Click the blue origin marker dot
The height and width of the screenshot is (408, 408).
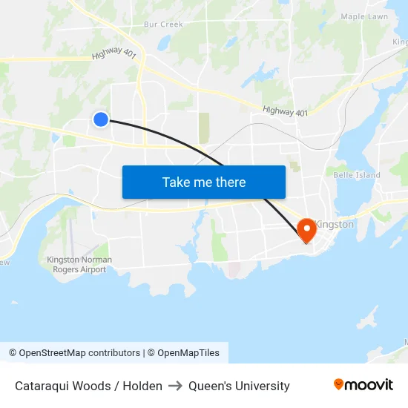[x=101, y=119]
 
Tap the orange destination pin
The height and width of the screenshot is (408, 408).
[x=306, y=230]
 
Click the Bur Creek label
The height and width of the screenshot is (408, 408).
[x=163, y=24]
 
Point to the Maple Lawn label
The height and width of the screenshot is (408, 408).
[x=364, y=16]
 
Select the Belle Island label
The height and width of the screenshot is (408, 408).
[x=357, y=175]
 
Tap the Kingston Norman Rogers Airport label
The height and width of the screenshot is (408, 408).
[x=79, y=264]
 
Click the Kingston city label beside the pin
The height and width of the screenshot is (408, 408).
[x=335, y=224]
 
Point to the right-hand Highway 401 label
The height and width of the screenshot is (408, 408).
[x=285, y=111]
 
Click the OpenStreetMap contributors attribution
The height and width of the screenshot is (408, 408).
[x=74, y=353]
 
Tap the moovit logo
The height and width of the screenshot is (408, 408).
[x=363, y=384]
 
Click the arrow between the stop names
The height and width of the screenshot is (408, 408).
[x=175, y=386]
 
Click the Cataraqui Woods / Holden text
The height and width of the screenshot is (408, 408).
[x=88, y=386]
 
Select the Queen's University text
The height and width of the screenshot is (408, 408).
[x=239, y=386]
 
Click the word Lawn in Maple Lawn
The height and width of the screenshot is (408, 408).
[x=378, y=16]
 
